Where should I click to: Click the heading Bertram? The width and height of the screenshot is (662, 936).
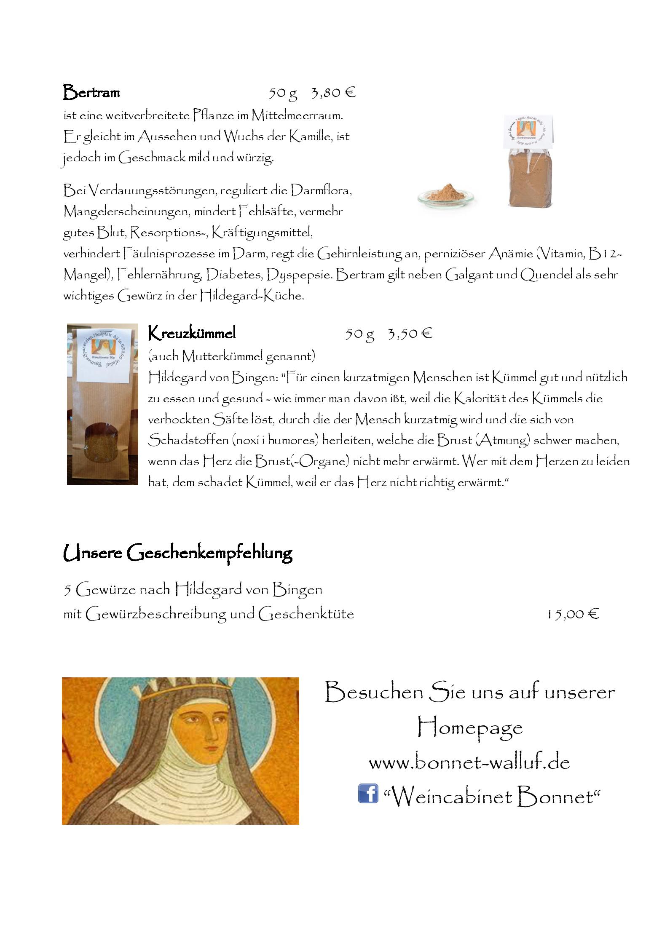91,92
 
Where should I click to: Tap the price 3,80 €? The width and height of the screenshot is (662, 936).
333,92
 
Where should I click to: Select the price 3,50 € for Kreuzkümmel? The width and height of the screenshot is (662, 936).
410,334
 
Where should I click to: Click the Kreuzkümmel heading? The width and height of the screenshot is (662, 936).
192,333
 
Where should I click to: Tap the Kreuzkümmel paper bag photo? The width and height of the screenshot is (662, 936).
102,404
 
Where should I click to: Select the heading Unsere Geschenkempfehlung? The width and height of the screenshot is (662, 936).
177,552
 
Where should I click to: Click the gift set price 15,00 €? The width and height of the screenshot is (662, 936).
573,614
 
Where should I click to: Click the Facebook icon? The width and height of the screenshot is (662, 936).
368,794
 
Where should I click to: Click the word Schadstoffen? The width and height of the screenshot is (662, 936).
188,440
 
